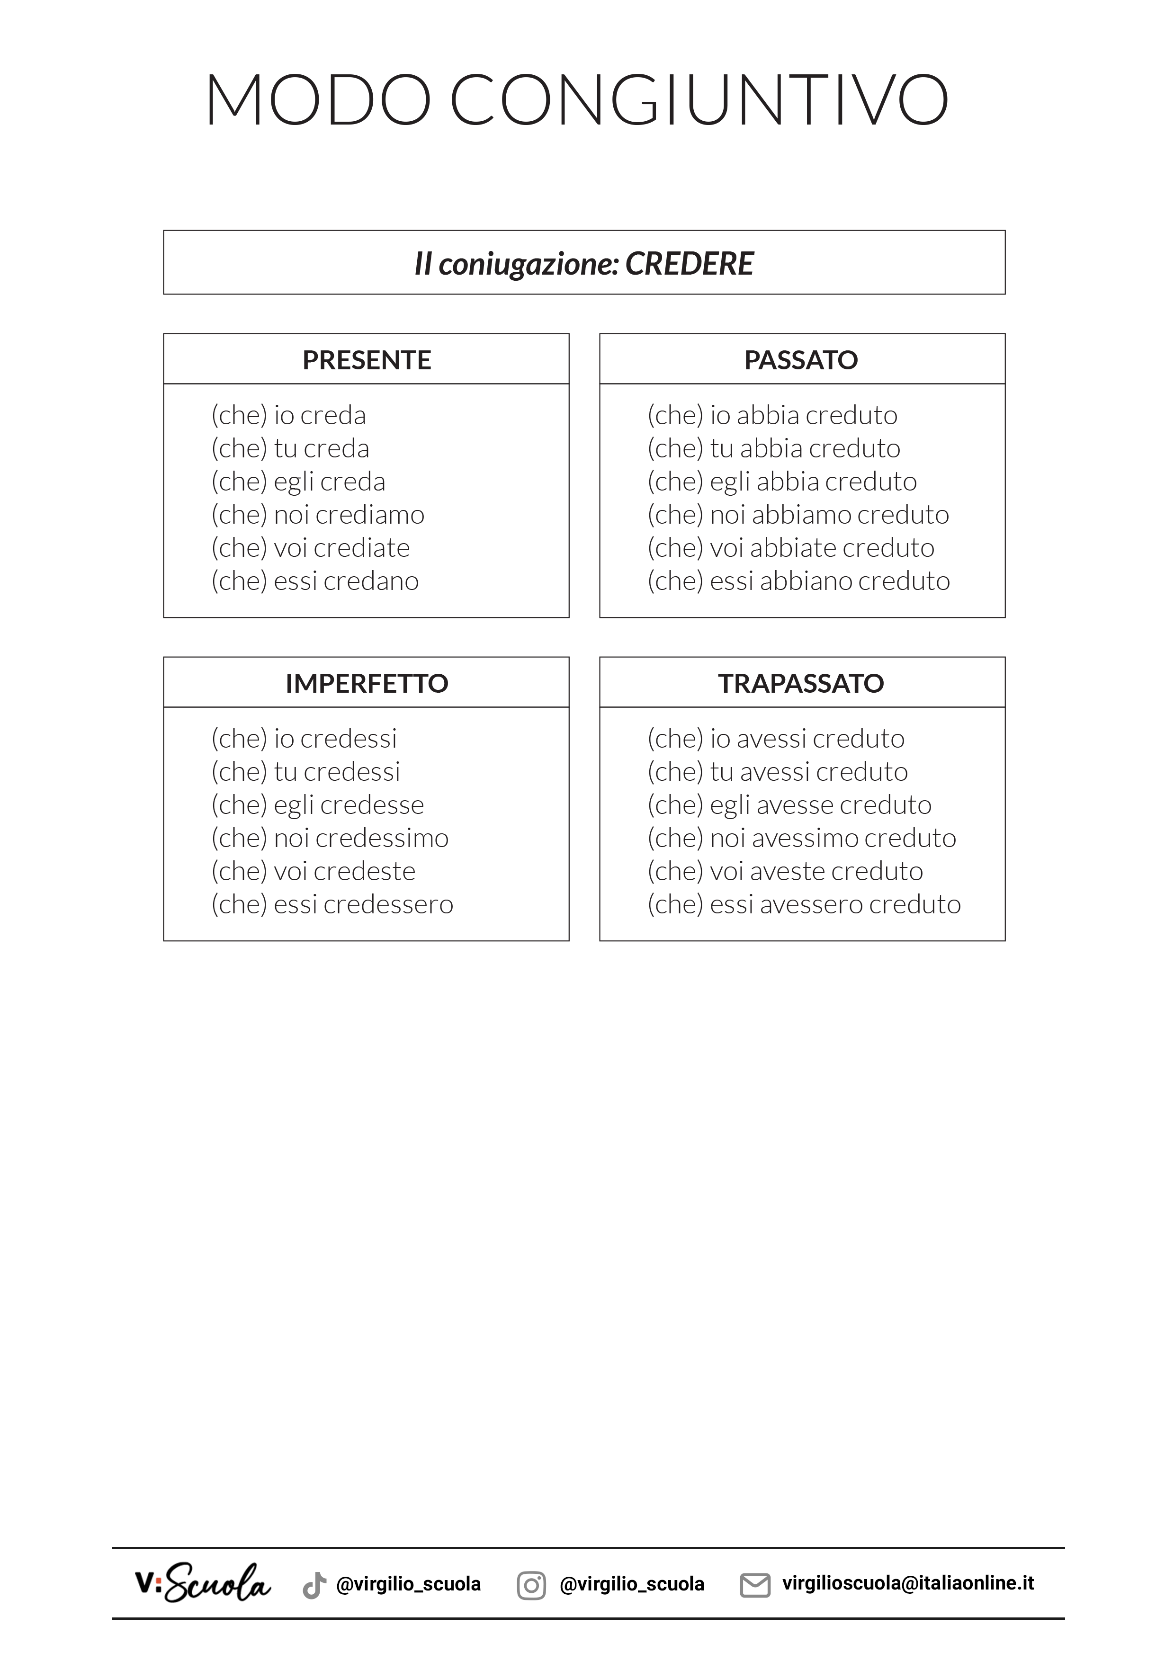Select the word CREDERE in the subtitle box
point(690,263)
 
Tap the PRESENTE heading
point(367,359)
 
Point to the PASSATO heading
point(801,359)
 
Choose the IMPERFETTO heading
point(367,683)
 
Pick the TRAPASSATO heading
point(801,683)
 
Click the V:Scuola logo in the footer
point(203,1583)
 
